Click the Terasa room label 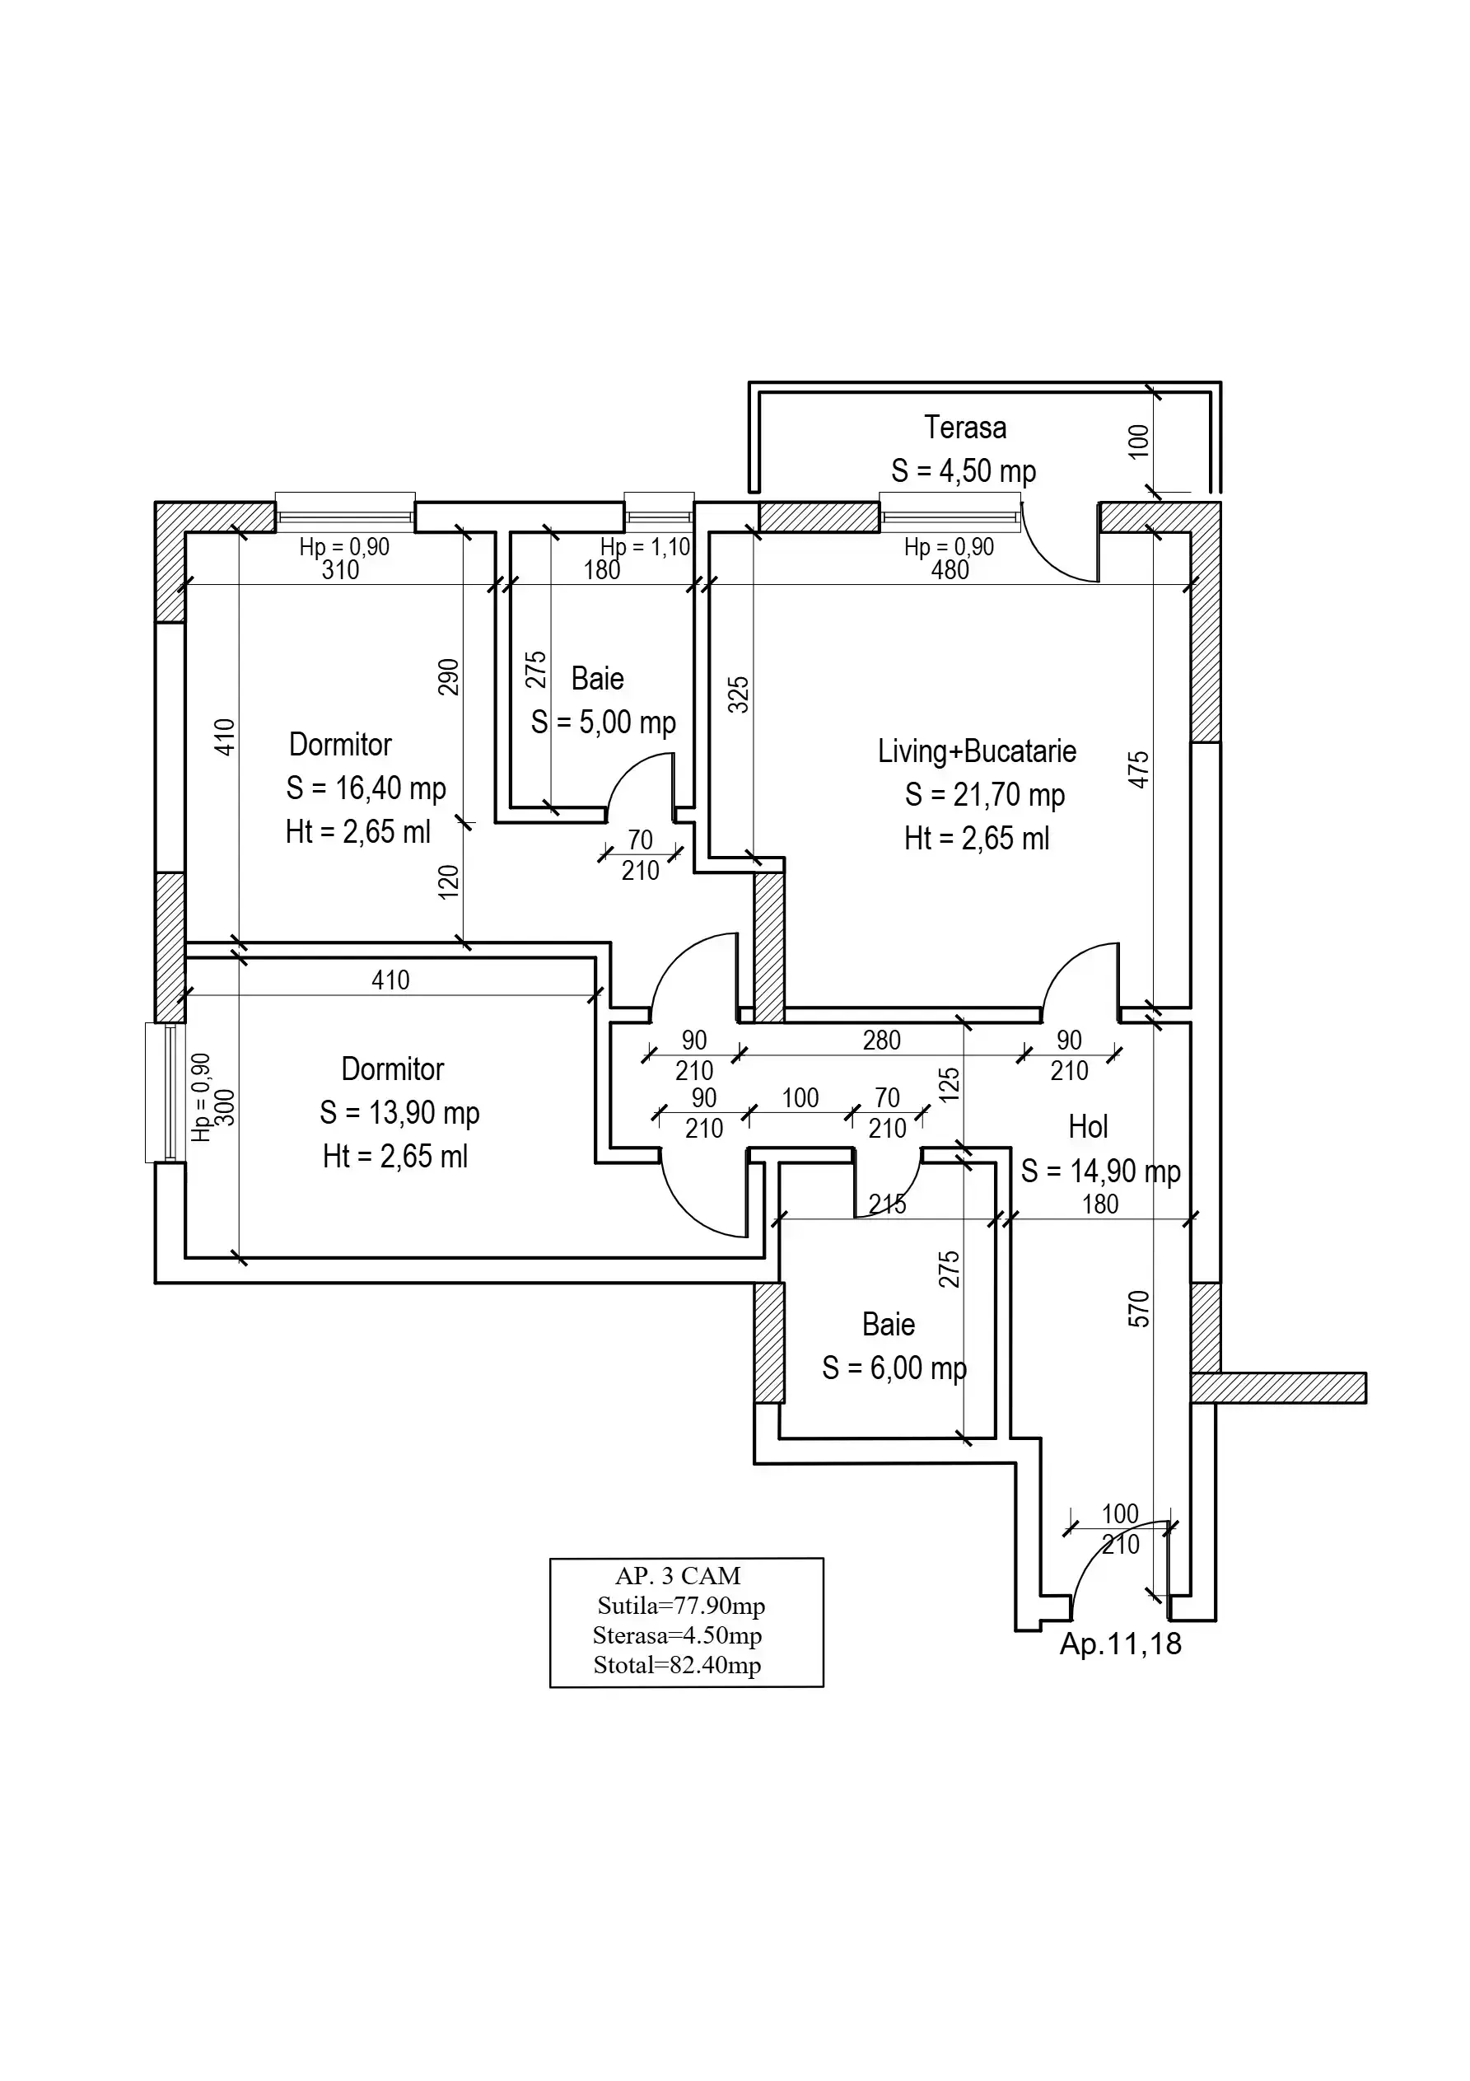(964, 428)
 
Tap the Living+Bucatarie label (976, 751)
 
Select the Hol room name (1088, 1127)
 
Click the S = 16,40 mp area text (366, 788)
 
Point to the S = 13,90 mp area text (399, 1112)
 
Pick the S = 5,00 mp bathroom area (604, 723)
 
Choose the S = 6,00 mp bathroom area (894, 1368)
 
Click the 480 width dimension (950, 570)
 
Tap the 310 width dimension (340, 570)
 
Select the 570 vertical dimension (1138, 1309)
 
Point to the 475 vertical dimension (1138, 769)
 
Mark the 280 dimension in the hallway (881, 1040)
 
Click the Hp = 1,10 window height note (646, 548)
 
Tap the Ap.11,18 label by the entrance (1120, 1644)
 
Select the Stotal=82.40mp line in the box (677, 1665)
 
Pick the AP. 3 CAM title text (678, 1576)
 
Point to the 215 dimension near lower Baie (886, 1204)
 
